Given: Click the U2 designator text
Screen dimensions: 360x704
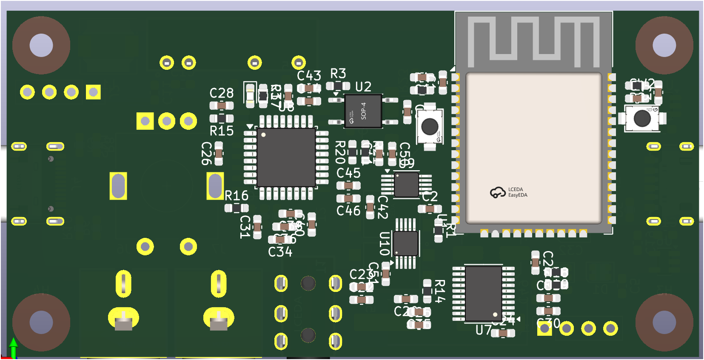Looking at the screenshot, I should click(x=363, y=87).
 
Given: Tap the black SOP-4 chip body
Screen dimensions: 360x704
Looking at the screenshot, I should click(x=363, y=111).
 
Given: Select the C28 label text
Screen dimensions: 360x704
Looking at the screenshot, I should click(x=222, y=93).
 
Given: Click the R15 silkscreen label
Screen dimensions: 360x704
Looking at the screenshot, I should click(x=222, y=131).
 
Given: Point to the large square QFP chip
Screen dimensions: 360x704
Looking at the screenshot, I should click(x=286, y=157).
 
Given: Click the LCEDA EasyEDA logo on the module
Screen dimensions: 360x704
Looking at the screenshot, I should click(x=509, y=192).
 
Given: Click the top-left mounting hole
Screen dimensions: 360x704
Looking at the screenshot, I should click(x=41, y=45).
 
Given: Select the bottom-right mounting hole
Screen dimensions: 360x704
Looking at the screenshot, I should click(x=664, y=322).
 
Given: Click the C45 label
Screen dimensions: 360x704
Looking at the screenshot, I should click(x=348, y=173).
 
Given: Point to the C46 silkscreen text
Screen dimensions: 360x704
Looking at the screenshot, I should click(x=348, y=211).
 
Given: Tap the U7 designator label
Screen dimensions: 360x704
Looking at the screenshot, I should click(x=484, y=330).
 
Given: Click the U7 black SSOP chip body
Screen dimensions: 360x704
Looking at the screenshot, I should click(x=484, y=294).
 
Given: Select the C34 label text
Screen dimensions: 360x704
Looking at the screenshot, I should click(x=280, y=252).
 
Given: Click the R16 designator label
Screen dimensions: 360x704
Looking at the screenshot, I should click(x=237, y=196).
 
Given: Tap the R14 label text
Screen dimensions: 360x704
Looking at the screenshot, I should click(x=440, y=291).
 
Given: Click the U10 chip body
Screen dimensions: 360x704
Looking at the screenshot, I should click(x=405, y=243).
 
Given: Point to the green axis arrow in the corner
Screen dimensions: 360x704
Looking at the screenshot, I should click(x=14, y=347).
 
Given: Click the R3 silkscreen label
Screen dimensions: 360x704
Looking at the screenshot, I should click(x=338, y=74).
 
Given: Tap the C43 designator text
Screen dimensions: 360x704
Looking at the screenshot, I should click(x=309, y=76).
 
